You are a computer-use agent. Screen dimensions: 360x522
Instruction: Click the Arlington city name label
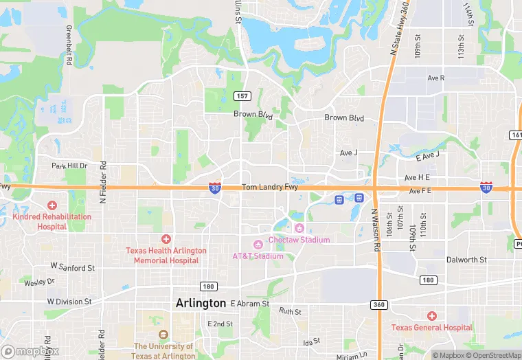[201, 303]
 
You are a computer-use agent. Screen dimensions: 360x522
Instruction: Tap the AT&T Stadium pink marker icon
[258, 245]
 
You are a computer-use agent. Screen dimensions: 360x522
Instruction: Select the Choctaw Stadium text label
[299, 240]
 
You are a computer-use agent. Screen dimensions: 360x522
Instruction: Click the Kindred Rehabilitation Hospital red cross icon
[52, 205]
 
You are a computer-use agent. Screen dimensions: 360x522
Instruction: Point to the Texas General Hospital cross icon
[431, 316]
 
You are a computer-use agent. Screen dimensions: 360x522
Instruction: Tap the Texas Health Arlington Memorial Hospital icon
[166, 239]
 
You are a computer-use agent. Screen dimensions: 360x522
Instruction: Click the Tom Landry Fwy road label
[269, 188]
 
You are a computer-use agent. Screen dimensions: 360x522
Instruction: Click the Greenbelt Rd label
[69, 46]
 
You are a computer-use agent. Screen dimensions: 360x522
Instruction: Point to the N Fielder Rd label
[104, 182]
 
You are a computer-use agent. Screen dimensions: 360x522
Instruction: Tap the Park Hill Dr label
[69, 166]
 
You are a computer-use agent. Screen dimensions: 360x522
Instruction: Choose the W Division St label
[69, 302]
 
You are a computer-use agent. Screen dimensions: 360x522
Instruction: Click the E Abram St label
[250, 303]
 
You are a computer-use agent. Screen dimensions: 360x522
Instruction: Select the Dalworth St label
[466, 260]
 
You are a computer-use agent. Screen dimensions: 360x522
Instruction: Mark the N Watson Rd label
[376, 230]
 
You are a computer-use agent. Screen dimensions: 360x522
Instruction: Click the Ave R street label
[435, 78]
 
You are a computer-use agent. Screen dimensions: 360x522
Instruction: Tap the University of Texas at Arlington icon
[163, 335]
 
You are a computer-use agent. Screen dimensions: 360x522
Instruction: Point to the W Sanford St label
[72, 265]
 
